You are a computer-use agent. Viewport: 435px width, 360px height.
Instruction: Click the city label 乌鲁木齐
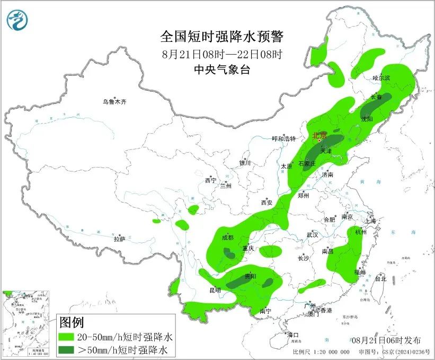tap(115, 102)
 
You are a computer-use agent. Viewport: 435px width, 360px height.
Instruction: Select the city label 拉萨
tap(119, 239)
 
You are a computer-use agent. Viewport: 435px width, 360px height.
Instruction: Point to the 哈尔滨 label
tap(380, 78)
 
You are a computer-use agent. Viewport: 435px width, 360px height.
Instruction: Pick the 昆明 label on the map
tap(215, 290)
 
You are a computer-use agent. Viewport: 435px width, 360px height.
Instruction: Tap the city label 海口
tap(293, 335)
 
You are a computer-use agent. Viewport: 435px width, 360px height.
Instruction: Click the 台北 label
tap(380, 278)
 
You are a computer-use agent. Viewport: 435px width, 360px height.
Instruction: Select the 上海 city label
tap(369, 221)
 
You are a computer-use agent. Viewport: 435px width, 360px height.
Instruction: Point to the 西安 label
tap(267, 203)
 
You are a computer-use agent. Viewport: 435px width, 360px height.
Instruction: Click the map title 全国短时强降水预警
tap(221, 37)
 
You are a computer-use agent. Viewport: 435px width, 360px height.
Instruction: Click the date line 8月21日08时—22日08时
tap(221, 54)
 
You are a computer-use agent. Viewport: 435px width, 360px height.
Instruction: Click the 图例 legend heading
tap(72, 322)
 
